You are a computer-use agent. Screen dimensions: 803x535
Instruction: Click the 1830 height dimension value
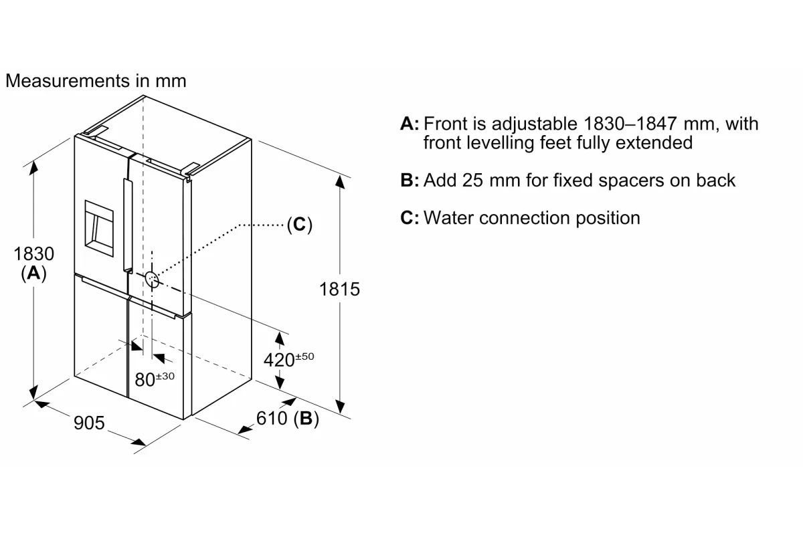[x=33, y=253]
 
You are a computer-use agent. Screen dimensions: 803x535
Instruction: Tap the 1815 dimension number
[x=339, y=289]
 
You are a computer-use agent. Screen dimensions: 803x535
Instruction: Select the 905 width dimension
[x=89, y=423]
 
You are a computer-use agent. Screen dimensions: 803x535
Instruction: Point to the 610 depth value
[x=272, y=418]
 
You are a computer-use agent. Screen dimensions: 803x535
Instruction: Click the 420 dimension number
[x=279, y=360]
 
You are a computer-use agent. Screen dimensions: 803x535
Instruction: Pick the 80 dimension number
[x=145, y=379]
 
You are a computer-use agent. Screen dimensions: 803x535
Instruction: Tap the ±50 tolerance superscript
[x=304, y=356]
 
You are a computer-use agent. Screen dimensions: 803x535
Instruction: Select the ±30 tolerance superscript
[x=165, y=376]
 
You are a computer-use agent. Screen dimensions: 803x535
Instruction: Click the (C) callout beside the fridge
[x=299, y=225]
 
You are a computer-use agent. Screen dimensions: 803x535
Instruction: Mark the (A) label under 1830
[x=33, y=274]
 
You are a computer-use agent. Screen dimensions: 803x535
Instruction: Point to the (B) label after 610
[x=306, y=418]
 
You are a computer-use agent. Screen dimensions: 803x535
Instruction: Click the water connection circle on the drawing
[x=152, y=279]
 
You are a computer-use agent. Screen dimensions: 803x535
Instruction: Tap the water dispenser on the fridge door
[x=99, y=229]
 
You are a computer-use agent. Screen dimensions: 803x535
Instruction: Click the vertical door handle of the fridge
[x=128, y=225]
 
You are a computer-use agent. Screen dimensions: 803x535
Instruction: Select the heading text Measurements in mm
[x=96, y=81]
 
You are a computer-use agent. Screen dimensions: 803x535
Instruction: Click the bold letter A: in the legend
[x=410, y=124]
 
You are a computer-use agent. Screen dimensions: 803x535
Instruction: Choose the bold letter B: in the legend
[x=410, y=180]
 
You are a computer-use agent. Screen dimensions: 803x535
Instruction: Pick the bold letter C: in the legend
[x=410, y=217]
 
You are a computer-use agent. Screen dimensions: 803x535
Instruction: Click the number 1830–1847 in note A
[x=630, y=124]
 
